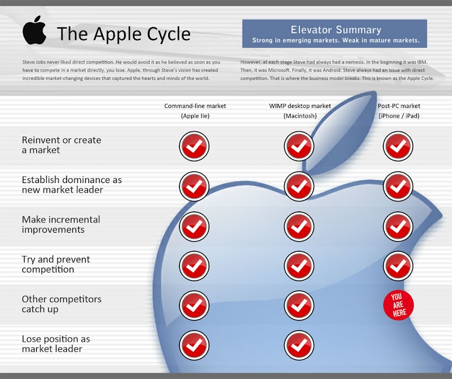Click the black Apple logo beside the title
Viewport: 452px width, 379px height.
(x=34, y=30)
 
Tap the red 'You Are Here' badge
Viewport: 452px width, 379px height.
(x=398, y=305)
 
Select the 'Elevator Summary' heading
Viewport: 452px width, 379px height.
(x=336, y=30)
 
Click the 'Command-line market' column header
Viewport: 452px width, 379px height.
(x=195, y=106)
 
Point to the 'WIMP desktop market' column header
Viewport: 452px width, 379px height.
(x=300, y=106)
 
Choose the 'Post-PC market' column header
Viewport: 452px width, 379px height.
(x=399, y=106)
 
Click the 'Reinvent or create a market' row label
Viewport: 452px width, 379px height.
(x=61, y=145)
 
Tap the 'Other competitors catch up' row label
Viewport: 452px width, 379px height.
(x=62, y=304)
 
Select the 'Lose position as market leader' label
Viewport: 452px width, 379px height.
(x=56, y=344)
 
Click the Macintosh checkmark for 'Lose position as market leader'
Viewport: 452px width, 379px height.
(x=299, y=345)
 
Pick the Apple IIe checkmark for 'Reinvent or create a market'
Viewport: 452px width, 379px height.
(x=194, y=146)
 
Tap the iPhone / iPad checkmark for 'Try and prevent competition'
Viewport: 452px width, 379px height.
(x=398, y=266)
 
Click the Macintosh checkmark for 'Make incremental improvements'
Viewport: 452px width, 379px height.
(x=299, y=226)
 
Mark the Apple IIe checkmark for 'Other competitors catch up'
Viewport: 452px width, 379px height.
(x=194, y=306)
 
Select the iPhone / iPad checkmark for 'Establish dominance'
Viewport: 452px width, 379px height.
(x=398, y=186)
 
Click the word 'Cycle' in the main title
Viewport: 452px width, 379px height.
(x=169, y=34)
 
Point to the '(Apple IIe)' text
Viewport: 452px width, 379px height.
(x=195, y=116)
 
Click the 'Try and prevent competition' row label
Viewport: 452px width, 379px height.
(x=56, y=265)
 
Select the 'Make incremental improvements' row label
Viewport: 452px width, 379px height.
(x=61, y=225)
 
